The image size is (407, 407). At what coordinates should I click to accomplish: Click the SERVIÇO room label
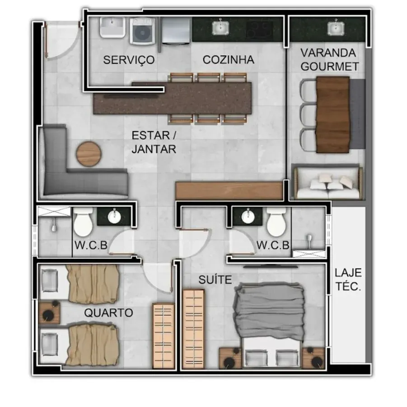[x=129, y=60]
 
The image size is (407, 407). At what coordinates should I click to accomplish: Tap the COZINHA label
[x=229, y=60]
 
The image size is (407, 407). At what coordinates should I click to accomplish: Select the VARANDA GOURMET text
[x=329, y=60]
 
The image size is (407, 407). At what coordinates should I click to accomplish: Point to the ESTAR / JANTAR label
[x=154, y=142]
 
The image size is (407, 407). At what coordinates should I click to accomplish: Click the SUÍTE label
[x=215, y=279]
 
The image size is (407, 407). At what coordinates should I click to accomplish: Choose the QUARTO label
[x=108, y=312]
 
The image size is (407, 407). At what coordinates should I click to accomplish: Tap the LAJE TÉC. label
[x=348, y=279]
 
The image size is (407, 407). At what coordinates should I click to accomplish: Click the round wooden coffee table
[x=89, y=154]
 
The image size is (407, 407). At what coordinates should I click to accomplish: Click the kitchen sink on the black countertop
[x=220, y=28]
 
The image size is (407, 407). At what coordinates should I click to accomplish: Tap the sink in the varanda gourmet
[x=336, y=28]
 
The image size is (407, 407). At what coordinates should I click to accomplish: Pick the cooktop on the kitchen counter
[x=260, y=28]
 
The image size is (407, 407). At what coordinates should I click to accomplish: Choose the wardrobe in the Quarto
[x=163, y=336]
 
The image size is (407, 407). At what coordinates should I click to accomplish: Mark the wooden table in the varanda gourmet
[x=333, y=114]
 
